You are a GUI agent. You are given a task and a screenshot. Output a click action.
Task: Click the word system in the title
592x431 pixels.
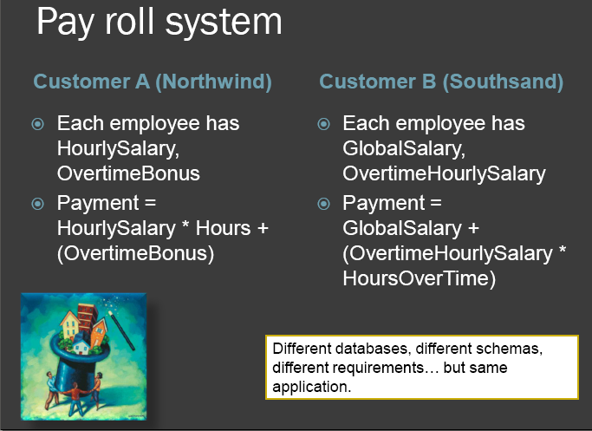pyautogui.click(x=224, y=23)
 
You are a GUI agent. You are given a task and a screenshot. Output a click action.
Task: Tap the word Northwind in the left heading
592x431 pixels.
pyautogui.click(x=214, y=82)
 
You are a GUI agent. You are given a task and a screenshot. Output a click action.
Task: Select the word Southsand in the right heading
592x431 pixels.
pyautogui.click(x=503, y=82)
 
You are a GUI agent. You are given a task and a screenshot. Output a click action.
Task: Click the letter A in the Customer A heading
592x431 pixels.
pyautogui.click(x=142, y=82)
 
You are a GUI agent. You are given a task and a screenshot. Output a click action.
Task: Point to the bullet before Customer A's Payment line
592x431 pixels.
pyautogui.click(x=38, y=204)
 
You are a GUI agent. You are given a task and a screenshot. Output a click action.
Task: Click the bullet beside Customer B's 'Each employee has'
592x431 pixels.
pyautogui.click(x=323, y=124)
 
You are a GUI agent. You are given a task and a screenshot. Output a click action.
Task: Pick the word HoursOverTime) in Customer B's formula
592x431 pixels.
pyautogui.click(x=420, y=278)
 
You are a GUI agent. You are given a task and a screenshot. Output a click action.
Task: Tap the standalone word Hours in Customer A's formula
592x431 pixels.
pyautogui.click(x=223, y=228)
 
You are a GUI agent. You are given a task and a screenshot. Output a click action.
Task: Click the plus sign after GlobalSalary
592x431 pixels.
pyautogui.click(x=473, y=229)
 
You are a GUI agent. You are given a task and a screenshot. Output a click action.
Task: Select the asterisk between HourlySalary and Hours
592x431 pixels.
pyautogui.click(x=185, y=225)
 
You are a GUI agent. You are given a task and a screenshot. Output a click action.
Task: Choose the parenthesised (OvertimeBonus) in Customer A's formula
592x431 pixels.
pyautogui.click(x=135, y=253)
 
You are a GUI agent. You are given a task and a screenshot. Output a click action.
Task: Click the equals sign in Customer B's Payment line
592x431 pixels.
pyautogui.click(x=436, y=203)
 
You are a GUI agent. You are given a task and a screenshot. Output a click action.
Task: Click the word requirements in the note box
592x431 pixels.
pyautogui.click(x=386, y=368)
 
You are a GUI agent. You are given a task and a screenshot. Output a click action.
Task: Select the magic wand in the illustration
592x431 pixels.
pyautogui.click(x=121, y=330)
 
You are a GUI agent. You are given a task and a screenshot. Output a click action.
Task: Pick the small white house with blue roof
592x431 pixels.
pyautogui.click(x=81, y=345)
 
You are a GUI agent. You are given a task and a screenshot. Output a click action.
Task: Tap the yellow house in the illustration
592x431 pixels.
pyautogui.click(x=70, y=324)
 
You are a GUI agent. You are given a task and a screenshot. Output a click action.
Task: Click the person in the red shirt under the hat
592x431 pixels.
pyautogui.click(x=77, y=399)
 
